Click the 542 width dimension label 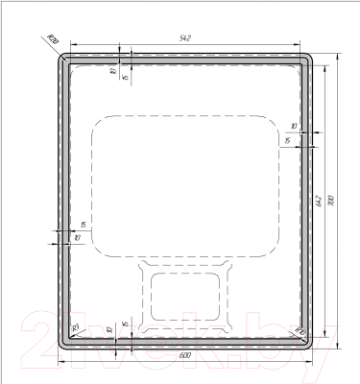click(185, 37)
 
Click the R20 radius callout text click(53, 38)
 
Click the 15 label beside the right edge click(287, 142)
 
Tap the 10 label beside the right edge click(293, 126)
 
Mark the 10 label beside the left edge click(77, 238)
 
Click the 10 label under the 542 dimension click(112, 71)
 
